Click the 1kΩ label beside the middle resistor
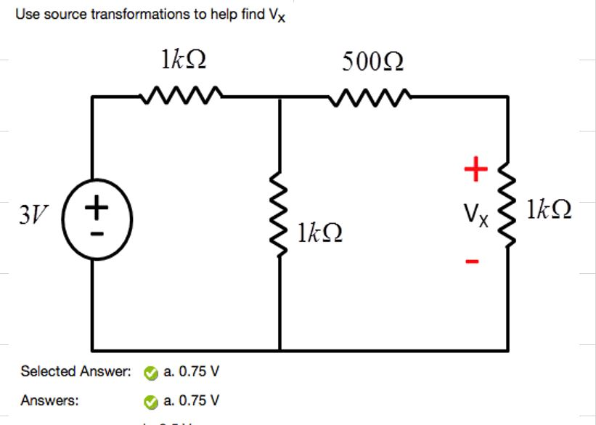(320, 235)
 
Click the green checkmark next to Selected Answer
(149, 373)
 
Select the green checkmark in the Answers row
(149, 401)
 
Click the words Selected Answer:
(75, 372)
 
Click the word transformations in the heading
(139, 14)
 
